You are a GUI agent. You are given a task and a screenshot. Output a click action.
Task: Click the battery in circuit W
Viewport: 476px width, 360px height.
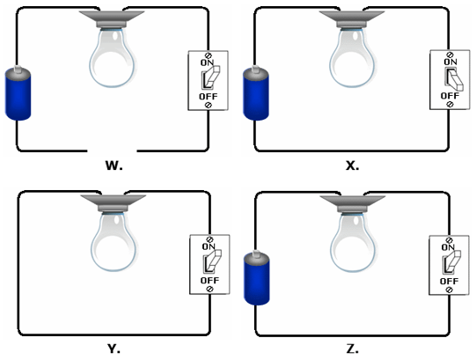[18, 93]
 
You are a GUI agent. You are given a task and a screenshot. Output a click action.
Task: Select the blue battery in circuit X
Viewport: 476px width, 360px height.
[256, 93]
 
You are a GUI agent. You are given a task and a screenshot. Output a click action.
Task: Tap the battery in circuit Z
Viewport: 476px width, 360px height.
[257, 277]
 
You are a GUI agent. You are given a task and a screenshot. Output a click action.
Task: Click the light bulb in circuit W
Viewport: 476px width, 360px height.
[112, 57]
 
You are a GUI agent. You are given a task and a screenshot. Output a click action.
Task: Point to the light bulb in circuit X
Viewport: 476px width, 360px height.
[352, 57]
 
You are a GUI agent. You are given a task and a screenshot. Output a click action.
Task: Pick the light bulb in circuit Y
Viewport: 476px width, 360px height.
[114, 241]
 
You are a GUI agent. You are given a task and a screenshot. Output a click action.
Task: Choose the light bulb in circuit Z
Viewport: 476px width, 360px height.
[353, 241]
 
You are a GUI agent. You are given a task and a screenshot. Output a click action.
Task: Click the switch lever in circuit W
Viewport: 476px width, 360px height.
[211, 77]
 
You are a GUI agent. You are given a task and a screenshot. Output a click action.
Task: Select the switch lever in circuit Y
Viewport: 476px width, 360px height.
[213, 261]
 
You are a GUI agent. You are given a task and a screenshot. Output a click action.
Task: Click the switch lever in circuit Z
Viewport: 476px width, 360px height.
[452, 261]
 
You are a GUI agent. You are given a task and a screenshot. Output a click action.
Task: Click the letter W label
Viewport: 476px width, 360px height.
[114, 165]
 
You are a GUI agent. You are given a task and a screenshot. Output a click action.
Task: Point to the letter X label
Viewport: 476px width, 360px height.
[352, 165]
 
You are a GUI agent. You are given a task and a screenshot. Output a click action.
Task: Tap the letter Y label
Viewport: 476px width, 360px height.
[114, 349]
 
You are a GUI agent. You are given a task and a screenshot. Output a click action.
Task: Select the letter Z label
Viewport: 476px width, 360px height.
[352, 349]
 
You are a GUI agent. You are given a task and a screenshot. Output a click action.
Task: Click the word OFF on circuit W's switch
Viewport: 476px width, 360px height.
[209, 97]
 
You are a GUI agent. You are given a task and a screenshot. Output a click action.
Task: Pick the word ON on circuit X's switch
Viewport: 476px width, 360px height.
[450, 62]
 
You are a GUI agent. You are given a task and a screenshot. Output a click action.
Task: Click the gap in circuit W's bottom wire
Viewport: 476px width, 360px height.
[112, 151]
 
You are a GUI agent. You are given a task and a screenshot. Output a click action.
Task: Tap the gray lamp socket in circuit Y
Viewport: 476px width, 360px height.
[114, 203]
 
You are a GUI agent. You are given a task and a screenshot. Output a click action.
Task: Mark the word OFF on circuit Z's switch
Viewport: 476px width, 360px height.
[450, 282]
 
